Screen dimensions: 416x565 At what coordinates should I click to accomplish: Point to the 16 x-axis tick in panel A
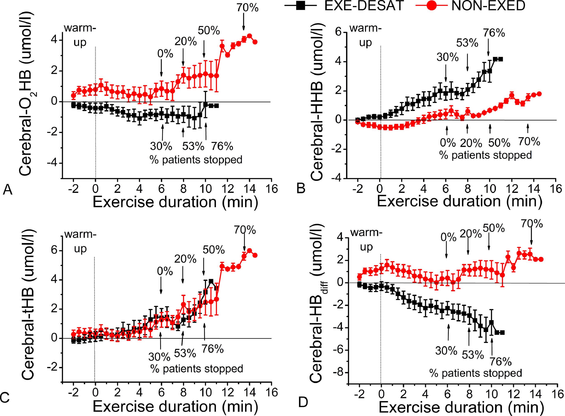[x=271, y=189]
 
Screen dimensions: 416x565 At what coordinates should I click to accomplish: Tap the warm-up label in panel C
[x=80, y=242]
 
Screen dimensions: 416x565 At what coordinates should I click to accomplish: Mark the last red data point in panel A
[x=255, y=42]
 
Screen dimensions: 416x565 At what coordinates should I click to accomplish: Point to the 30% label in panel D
[x=446, y=350]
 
